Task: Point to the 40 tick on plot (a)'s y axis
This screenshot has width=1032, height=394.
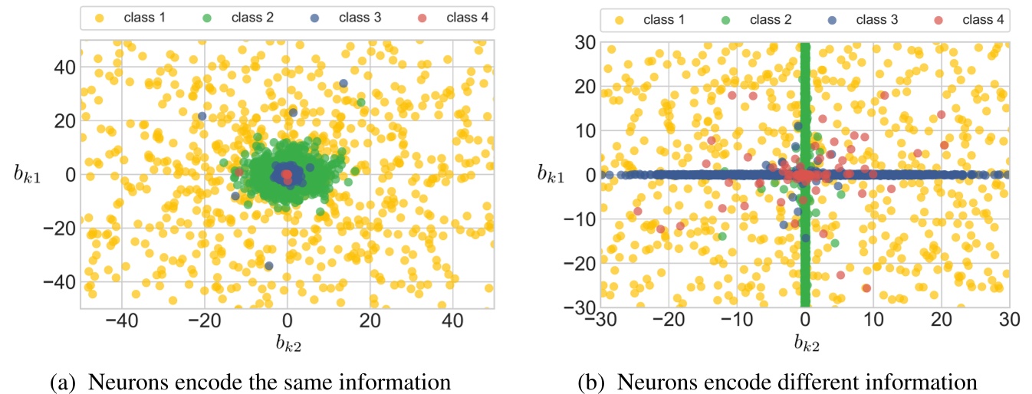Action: [61, 67]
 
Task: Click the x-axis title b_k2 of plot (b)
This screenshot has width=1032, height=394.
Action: [805, 344]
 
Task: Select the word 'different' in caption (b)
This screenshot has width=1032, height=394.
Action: [818, 380]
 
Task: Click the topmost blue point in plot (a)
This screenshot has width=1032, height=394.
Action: [343, 83]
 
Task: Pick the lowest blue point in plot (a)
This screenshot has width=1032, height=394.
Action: [269, 265]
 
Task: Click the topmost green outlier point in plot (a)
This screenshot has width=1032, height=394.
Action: [360, 102]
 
